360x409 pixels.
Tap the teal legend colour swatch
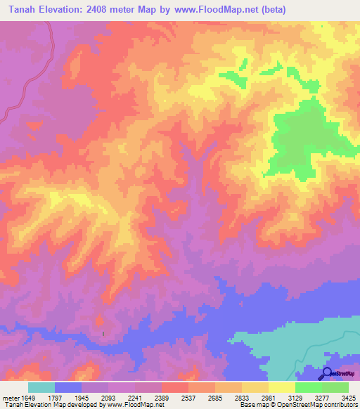point(41,387)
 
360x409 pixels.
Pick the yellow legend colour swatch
point(282,387)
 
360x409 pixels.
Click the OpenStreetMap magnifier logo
point(326,373)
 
